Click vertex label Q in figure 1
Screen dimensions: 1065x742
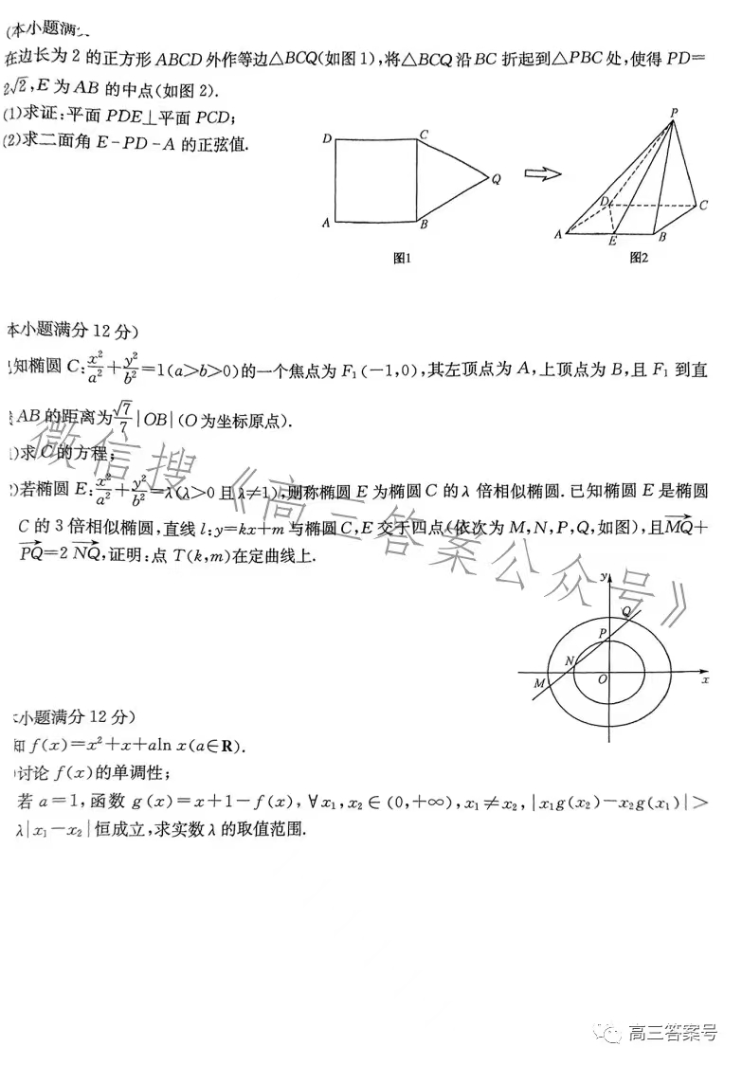[496, 178]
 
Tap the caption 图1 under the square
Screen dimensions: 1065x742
[401, 257]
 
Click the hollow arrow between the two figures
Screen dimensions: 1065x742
[543, 173]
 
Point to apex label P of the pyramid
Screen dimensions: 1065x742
[674, 113]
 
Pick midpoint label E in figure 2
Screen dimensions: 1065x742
[613, 242]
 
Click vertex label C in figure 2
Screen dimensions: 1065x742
[703, 204]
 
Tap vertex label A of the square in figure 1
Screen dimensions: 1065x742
[325, 224]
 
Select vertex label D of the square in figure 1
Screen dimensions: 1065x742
[326, 139]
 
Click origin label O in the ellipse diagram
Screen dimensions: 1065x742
[602, 679]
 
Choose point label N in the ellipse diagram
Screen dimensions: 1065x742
[569, 660]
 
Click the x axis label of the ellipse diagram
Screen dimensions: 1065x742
[705, 679]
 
